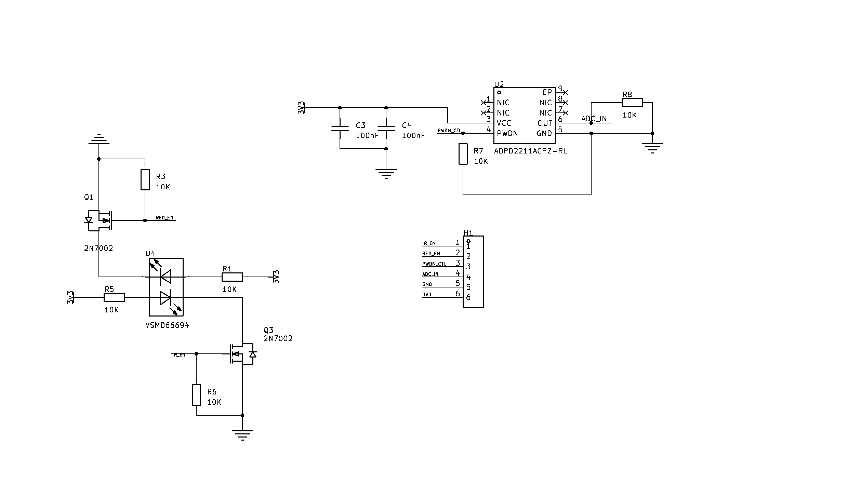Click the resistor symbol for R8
(x=632, y=103)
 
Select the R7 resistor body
(x=463, y=154)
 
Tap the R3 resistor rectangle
(x=145, y=179)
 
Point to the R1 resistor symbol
(x=233, y=277)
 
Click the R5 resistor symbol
(x=114, y=297)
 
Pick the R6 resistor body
(x=196, y=395)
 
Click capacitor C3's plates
(x=340, y=128)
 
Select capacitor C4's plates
(x=386, y=128)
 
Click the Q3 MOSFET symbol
(x=242, y=354)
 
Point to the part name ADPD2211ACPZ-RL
(x=530, y=151)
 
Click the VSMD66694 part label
(x=167, y=325)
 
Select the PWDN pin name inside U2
(x=507, y=133)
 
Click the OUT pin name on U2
(x=545, y=123)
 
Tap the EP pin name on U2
(x=547, y=92)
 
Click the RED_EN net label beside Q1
(x=164, y=218)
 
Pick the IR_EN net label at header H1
(x=429, y=243)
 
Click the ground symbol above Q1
(x=99, y=139)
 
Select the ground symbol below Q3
(x=242, y=435)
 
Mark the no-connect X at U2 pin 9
(x=566, y=92)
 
